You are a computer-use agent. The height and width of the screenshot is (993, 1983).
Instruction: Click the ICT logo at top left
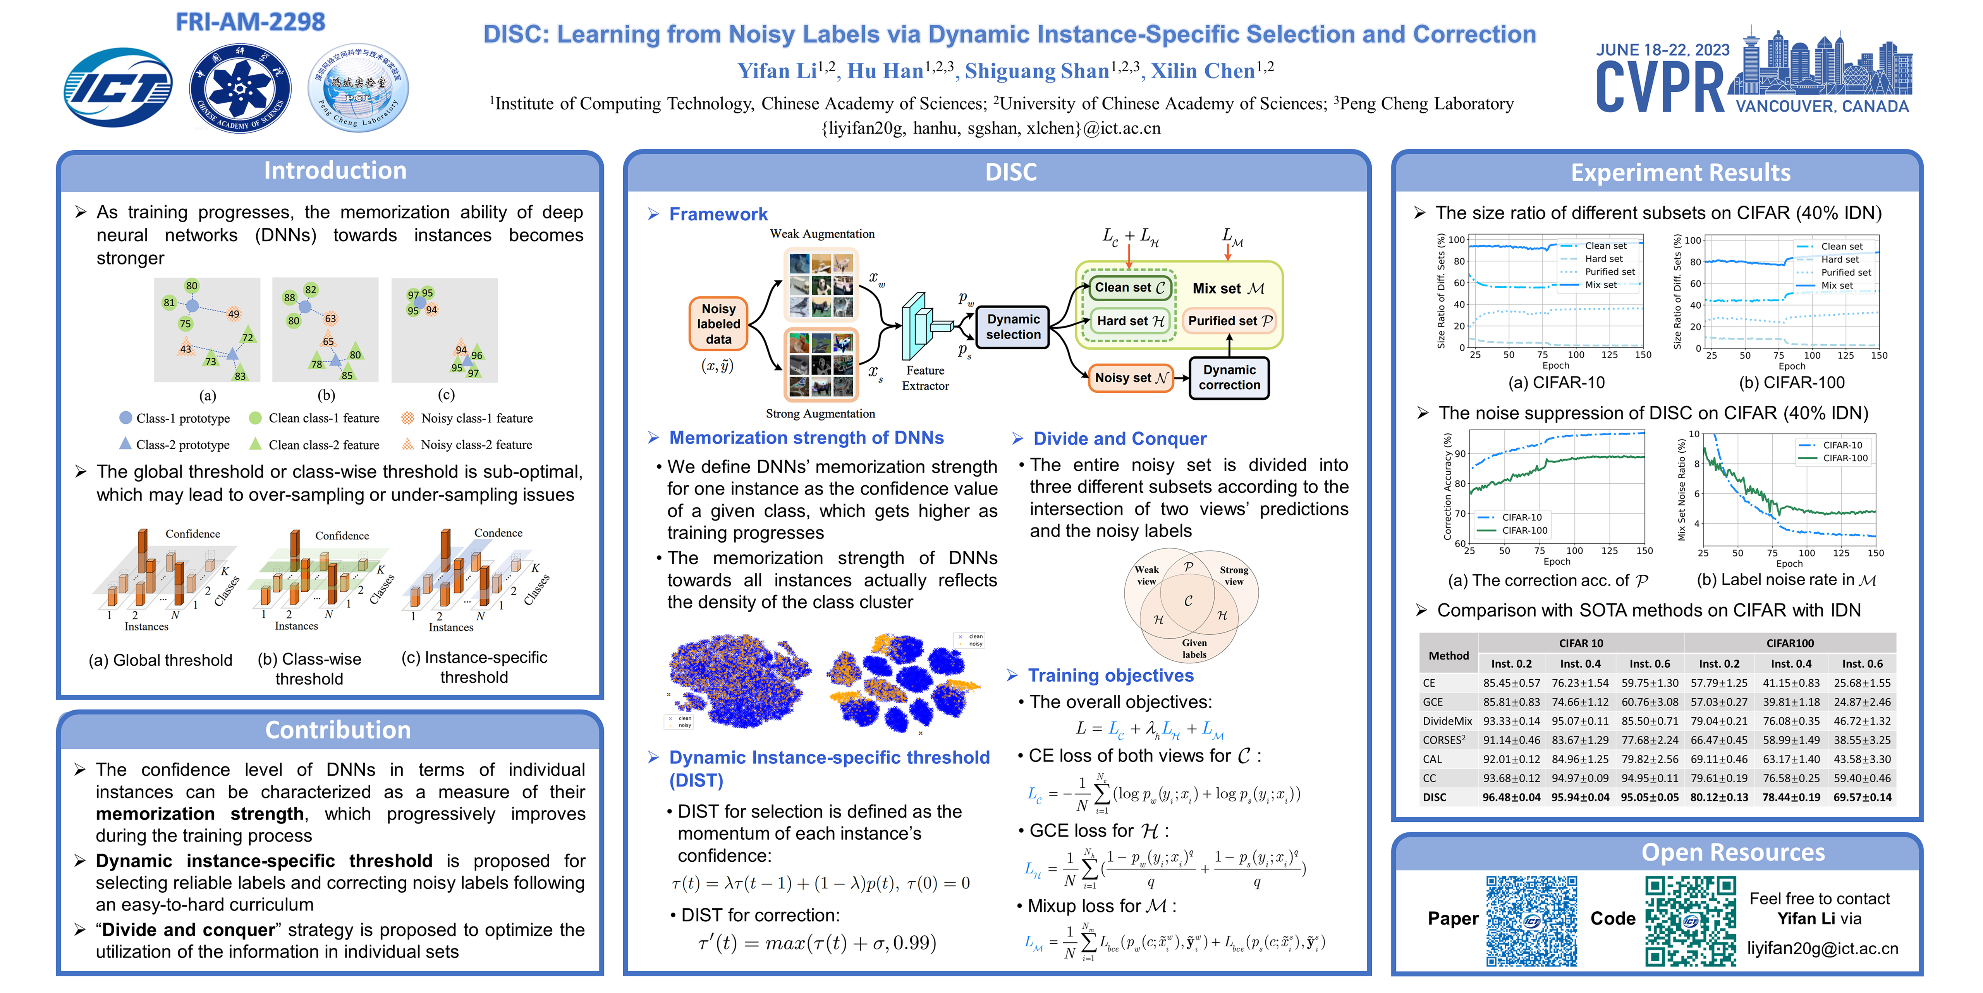pyautogui.click(x=118, y=87)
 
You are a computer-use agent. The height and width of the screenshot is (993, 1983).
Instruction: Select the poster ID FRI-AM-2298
pyautogui.click(x=250, y=22)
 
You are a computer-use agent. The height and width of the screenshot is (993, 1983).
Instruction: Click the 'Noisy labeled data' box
pyautogui.click(x=718, y=323)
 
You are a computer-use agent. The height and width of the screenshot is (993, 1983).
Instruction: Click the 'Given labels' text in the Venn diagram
pyautogui.click(x=1194, y=648)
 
